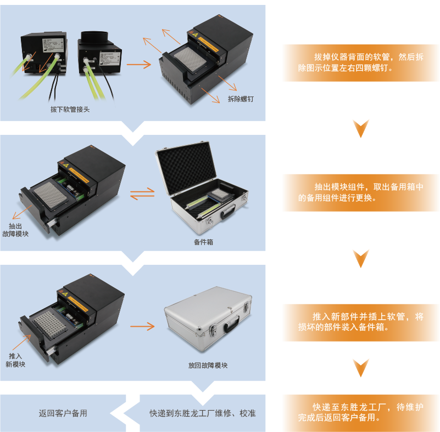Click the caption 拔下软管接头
click(x=70, y=109)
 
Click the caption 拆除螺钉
click(x=241, y=99)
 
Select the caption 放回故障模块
click(x=208, y=365)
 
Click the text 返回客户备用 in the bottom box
click(x=63, y=413)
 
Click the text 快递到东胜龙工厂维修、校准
click(x=203, y=413)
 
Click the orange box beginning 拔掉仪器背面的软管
click(x=361, y=62)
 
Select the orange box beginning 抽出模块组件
click(x=361, y=192)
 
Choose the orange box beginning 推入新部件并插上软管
click(x=361, y=322)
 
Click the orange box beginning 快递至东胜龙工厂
click(x=361, y=412)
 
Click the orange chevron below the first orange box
click(x=361, y=128)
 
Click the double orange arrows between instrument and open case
click(x=142, y=194)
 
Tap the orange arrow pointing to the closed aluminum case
click(x=142, y=326)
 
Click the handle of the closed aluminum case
click(x=231, y=323)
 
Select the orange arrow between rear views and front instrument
click(x=138, y=65)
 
